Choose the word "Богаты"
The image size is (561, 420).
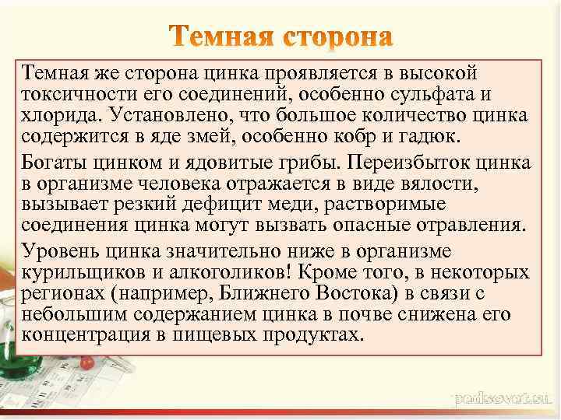click(x=56, y=164)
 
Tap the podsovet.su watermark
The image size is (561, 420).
click(x=503, y=398)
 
